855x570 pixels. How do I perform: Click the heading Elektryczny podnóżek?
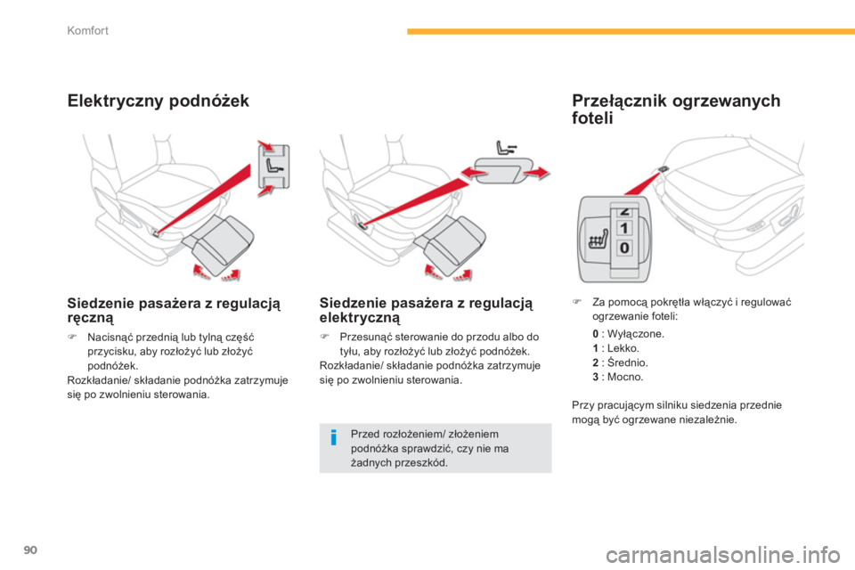tap(159, 101)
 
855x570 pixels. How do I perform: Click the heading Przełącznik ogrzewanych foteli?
tap(676, 109)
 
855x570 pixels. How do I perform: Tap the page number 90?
tap(30, 550)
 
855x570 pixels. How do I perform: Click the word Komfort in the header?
tap(88, 30)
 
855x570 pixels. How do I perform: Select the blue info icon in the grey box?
tap(334, 437)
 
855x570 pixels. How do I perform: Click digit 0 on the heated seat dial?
tap(624, 248)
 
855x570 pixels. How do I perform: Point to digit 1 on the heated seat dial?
tap(624, 228)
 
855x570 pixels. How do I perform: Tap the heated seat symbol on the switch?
tap(598, 239)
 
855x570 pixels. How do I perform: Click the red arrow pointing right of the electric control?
tap(536, 174)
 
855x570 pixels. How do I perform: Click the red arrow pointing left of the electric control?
tap(474, 174)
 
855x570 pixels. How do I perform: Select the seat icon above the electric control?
tap(506, 147)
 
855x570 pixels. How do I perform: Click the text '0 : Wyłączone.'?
tap(628, 334)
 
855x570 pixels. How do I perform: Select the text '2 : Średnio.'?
tap(620, 362)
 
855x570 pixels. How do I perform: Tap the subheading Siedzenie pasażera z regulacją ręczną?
tap(174, 310)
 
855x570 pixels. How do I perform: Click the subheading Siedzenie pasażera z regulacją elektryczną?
tap(426, 310)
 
